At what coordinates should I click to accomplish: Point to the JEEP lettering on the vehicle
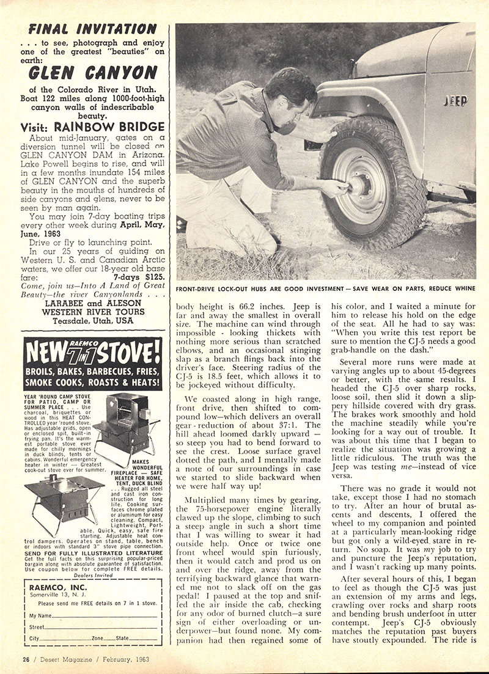click(x=456, y=101)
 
